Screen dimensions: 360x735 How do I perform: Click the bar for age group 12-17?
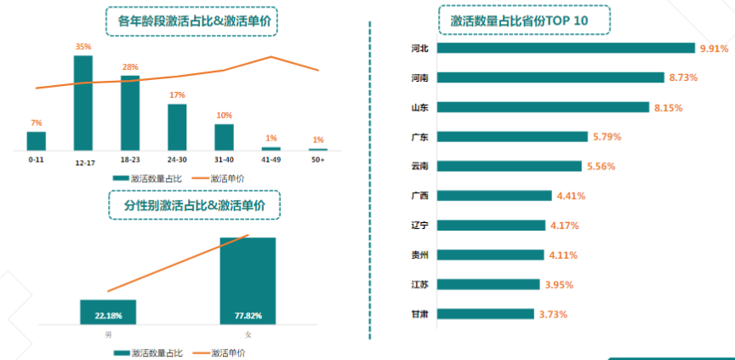click(x=83, y=102)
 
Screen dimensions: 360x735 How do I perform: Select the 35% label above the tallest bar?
click(x=83, y=47)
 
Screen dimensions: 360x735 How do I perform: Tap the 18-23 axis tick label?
click(x=130, y=159)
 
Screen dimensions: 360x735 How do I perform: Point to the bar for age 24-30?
click(x=177, y=126)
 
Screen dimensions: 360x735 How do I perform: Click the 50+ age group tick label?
click(x=317, y=159)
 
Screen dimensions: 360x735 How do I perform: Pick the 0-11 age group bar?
click(x=36, y=140)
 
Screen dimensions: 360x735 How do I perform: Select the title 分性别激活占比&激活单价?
click(x=195, y=205)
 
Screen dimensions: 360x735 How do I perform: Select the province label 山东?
click(x=419, y=107)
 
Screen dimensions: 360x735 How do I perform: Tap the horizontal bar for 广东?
click(x=511, y=136)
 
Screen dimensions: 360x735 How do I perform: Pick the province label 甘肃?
click(x=419, y=314)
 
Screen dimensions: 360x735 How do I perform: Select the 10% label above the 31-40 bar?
click(x=224, y=115)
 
